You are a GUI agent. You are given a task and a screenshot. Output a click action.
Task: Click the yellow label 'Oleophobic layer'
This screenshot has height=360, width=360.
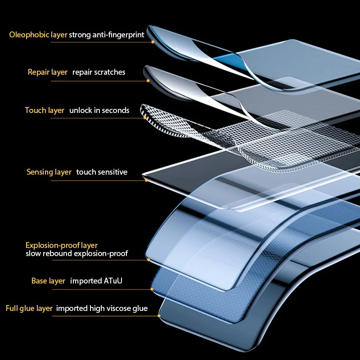tap(38, 35)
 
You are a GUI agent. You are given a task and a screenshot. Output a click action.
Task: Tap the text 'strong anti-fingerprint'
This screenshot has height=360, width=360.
tap(107, 35)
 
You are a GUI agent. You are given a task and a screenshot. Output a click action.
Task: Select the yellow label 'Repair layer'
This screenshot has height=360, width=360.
tap(47, 72)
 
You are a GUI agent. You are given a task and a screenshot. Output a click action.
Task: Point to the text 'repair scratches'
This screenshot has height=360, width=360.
tap(99, 72)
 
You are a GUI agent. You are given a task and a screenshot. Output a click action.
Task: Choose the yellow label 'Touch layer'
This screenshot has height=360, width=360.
tap(45, 110)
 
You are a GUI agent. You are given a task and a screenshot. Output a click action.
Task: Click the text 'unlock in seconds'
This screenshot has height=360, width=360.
tap(99, 110)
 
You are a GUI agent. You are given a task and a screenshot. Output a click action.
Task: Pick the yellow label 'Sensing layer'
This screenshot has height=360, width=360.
tap(49, 172)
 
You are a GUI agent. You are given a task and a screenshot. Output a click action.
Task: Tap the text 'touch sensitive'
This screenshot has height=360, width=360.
tap(102, 172)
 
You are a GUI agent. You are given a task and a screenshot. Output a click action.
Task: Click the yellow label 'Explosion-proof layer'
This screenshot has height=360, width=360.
tap(61, 245)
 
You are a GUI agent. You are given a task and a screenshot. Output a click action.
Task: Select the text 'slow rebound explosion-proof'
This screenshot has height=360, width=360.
tap(76, 254)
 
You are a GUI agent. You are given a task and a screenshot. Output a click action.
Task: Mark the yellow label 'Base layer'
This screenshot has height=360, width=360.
tap(48, 281)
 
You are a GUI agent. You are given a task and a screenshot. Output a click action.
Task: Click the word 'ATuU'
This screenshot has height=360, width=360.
tap(113, 281)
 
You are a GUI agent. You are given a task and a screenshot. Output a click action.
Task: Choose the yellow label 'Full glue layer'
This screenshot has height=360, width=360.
tap(29, 309)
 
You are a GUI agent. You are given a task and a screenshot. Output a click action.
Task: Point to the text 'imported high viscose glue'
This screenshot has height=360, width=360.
tap(102, 309)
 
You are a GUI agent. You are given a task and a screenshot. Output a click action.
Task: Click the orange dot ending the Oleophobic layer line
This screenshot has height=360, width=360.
tap(153, 42)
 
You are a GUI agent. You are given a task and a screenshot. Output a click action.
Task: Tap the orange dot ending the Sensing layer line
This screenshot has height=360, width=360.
tap(146, 180)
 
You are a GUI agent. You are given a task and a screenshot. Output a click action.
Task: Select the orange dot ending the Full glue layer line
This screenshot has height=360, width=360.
tap(159, 316)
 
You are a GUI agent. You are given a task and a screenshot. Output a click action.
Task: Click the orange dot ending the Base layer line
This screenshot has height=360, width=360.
tap(152, 289)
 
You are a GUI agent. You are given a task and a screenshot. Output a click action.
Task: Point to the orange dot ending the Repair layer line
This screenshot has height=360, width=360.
tap(148, 81)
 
